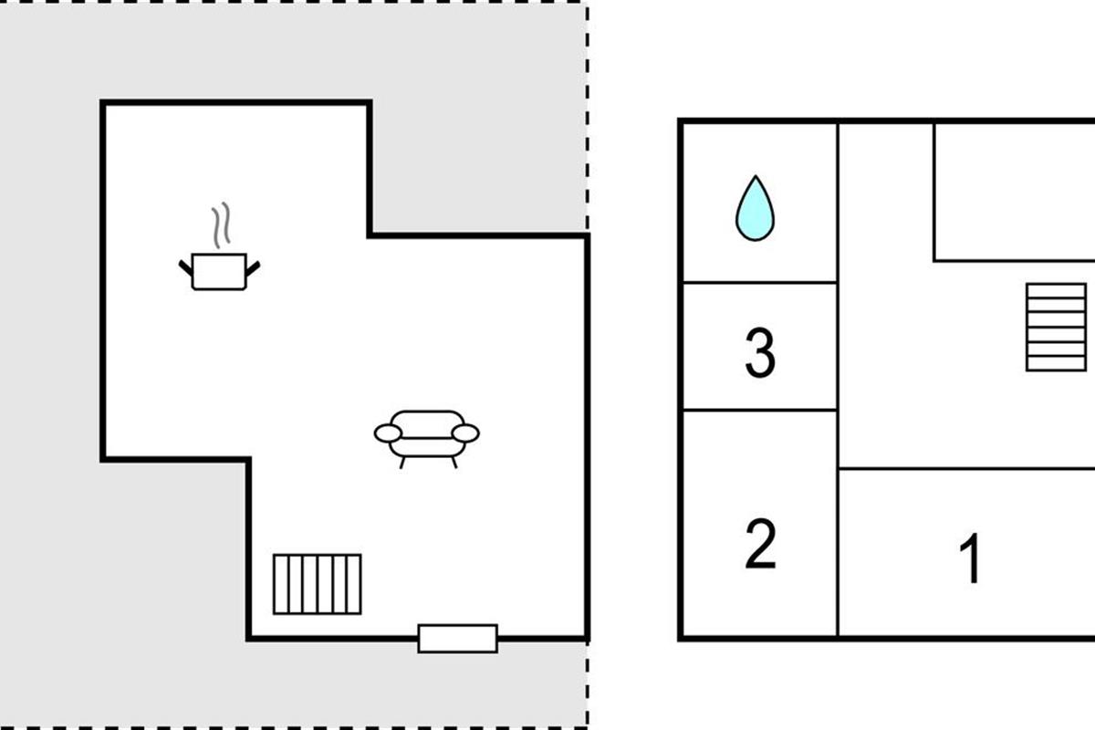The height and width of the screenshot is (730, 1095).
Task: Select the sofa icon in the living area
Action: click(x=427, y=435)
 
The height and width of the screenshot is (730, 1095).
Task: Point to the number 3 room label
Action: click(x=760, y=353)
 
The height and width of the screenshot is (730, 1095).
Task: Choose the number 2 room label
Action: click(x=760, y=544)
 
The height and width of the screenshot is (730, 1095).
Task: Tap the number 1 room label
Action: click(x=972, y=558)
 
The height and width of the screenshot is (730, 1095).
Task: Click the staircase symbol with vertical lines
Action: click(x=318, y=584)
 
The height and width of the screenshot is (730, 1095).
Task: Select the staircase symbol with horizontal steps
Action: click(x=1056, y=327)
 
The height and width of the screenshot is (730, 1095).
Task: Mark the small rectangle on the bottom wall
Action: click(x=458, y=638)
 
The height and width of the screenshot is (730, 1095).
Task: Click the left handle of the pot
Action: click(x=186, y=267)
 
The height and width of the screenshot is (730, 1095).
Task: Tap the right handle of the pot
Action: click(x=253, y=267)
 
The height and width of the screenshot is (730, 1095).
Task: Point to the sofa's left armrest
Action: click(x=387, y=433)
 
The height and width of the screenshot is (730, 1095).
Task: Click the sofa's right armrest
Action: click(x=466, y=433)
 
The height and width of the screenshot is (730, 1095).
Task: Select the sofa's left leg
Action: click(x=402, y=462)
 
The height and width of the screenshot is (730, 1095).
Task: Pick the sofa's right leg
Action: click(x=454, y=462)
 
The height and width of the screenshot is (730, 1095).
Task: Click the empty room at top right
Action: click(x=1013, y=190)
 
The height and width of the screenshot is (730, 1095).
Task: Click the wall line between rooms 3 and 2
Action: click(x=760, y=411)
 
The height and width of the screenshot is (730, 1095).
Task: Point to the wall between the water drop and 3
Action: click(x=760, y=283)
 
